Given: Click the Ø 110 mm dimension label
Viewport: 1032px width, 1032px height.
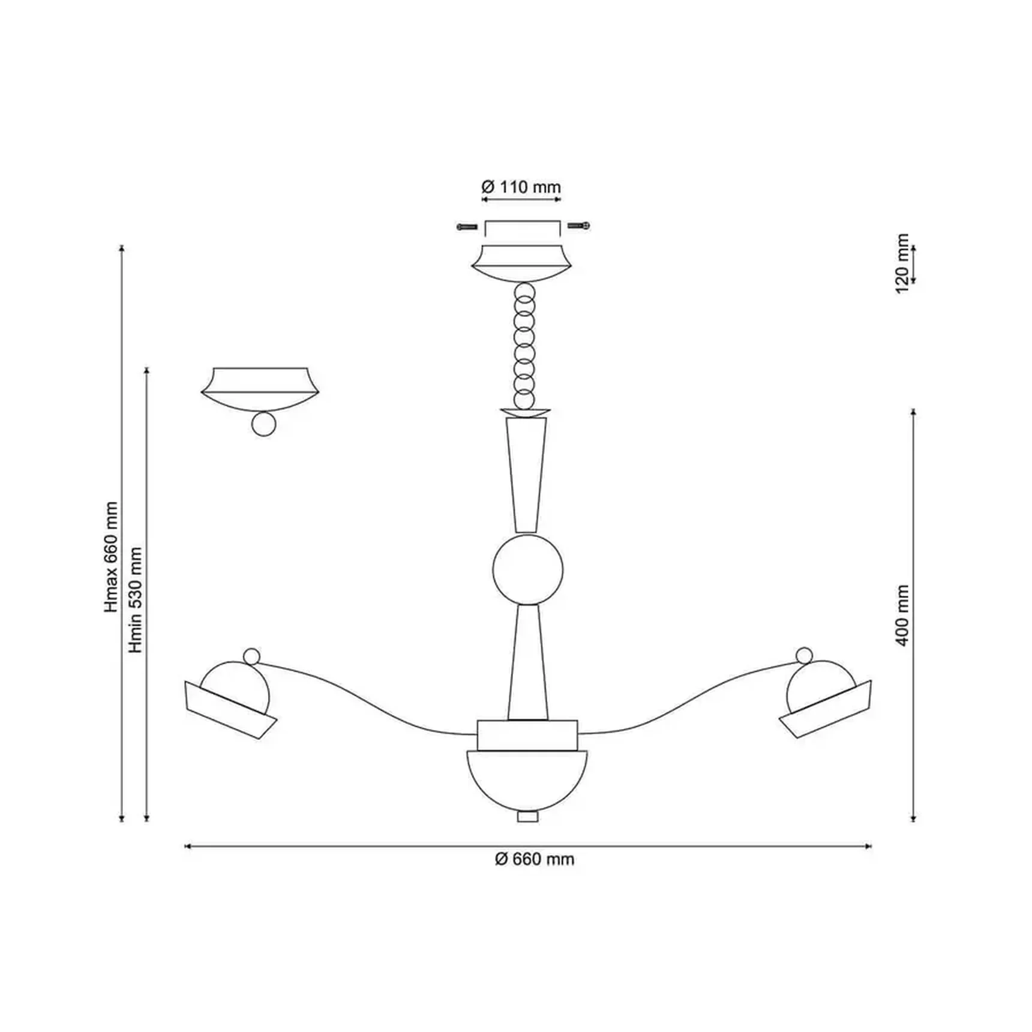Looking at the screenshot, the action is (521, 187).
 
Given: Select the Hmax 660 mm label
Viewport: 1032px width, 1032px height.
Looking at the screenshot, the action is (112, 557).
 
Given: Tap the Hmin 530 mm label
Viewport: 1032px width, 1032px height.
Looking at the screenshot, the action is (136, 600).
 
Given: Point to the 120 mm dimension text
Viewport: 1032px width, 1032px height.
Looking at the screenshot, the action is (902, 263).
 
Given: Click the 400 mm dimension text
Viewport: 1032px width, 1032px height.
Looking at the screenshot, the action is (902, 616).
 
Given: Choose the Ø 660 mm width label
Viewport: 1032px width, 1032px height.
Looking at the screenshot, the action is (535, 859).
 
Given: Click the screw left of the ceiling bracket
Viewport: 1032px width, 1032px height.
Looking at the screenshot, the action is (467, 227).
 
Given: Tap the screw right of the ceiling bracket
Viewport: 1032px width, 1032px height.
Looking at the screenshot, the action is (579, 226).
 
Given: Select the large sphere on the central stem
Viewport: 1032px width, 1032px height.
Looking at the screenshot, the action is (528, 569).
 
